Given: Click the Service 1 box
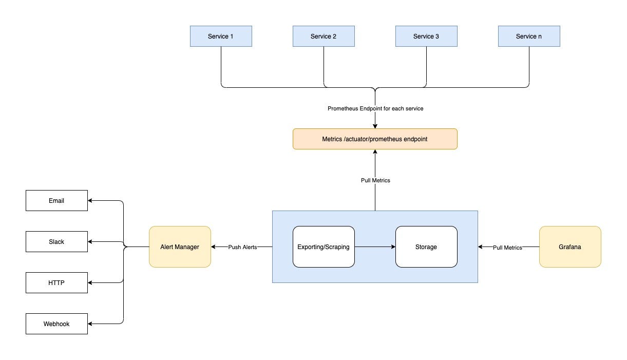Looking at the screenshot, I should click(221, 36).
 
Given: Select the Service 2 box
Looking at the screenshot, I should click(324, 36).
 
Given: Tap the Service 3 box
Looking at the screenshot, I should click(426, 36).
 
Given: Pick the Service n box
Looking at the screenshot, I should click(529, 36).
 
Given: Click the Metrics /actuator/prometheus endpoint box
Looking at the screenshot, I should click(375, 139).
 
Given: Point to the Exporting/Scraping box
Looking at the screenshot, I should click(324, 247).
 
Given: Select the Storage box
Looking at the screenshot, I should click(426, 247).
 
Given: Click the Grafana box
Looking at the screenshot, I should click(570, 247).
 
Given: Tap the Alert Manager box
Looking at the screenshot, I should click(180, 247).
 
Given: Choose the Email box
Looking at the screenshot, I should click(56, 201).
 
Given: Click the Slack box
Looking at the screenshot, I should click(56, 242).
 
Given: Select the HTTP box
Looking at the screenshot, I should click(56, 283).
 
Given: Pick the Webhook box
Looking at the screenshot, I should click(56, 324).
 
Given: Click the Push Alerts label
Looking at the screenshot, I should click(242, 247).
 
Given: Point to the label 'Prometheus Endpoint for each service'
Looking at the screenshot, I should click(375, 109).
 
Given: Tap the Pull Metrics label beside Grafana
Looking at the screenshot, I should click(507, 248).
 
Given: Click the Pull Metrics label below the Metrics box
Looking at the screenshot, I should click(375, 180).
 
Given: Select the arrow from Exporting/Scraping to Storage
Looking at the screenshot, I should click(375, 247).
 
